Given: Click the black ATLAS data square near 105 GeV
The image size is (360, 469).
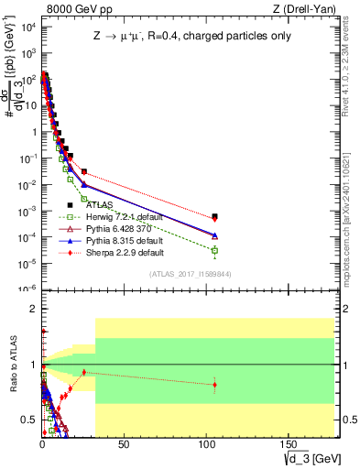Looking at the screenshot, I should pyautogui.click(x=214, y=216).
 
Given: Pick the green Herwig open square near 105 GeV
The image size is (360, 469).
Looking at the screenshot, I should pyautogui.click(x=214, y=250).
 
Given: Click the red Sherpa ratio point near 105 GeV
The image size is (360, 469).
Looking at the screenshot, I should pyautogui.click(x=214, y=385).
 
